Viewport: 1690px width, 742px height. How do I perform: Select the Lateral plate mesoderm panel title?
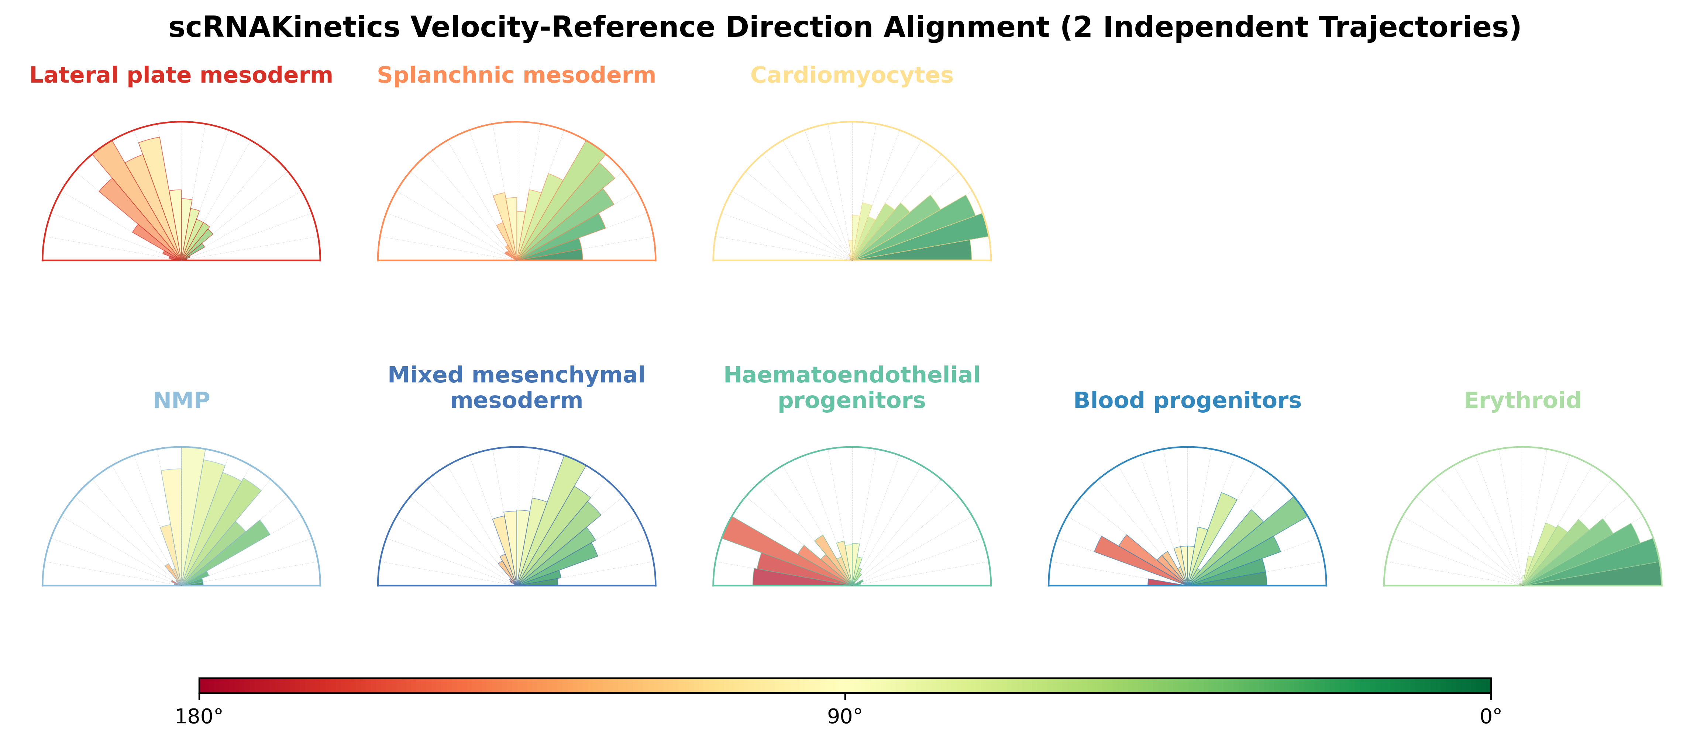click(181, 75)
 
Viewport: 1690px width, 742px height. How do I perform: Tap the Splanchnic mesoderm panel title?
click(516, 75)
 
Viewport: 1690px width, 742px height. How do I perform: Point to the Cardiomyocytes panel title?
click(851, 75)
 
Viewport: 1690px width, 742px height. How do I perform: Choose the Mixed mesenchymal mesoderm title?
click(516, 387)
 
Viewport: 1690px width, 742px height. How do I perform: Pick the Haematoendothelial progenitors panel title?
click(851, 387)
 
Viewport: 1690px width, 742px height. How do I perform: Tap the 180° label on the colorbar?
click(199, 717)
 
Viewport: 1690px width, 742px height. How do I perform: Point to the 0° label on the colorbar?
click(1491, 717)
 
